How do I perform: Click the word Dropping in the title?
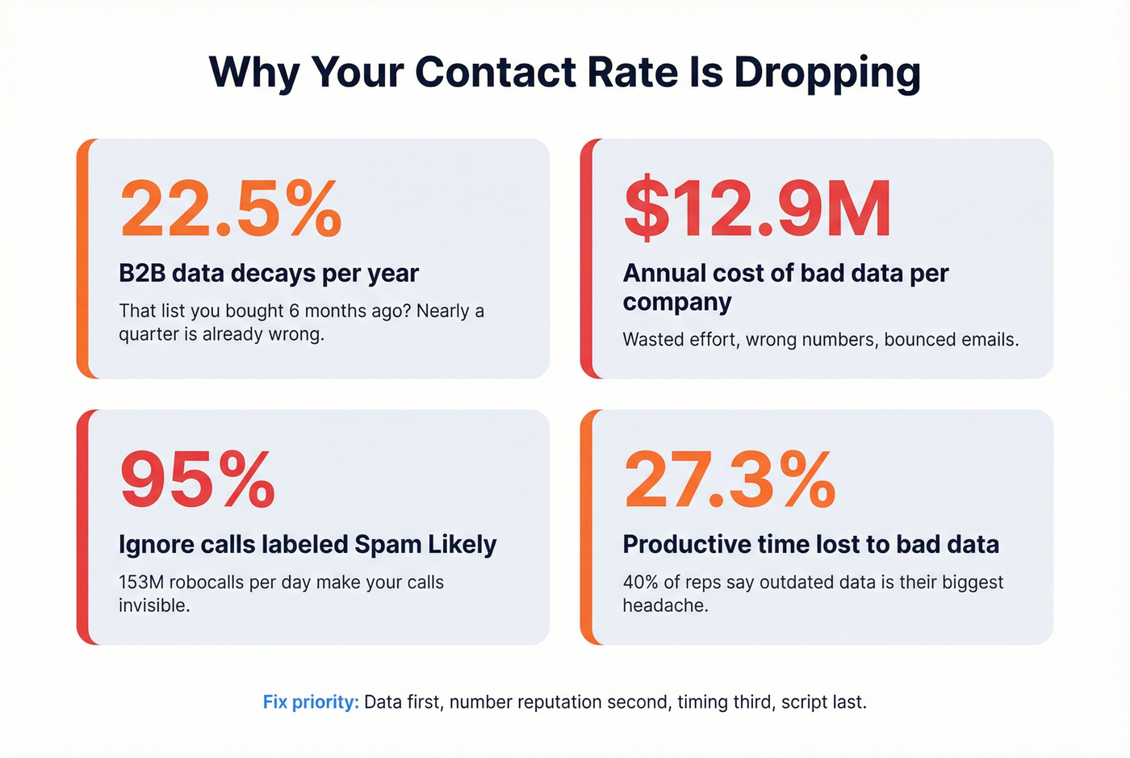[827, 73]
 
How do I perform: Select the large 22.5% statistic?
[231, 209]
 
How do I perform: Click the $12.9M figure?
[757, 209]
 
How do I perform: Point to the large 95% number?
[198, 480]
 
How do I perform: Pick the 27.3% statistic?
[730, 480]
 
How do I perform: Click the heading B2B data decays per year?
[269, 274]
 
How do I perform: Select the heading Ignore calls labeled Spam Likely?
[308, 545]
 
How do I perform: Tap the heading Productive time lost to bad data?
[810, 545]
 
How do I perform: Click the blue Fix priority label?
[311, 702]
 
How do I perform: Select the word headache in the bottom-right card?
[664, 605]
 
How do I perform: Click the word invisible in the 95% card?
[153, 605]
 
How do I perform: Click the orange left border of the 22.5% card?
[82, 258]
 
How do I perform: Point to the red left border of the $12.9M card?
[586, 258]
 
